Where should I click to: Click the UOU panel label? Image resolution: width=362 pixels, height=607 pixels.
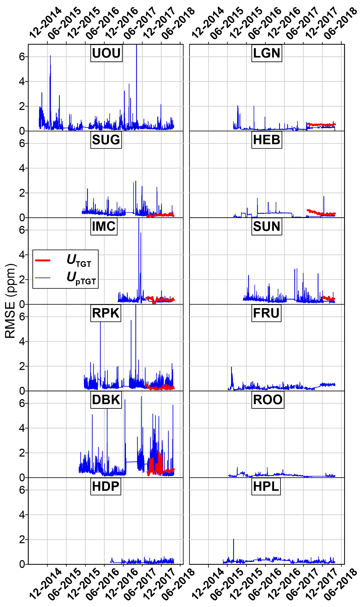pos(106,53)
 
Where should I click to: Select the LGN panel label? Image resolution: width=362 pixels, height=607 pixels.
pos(267,53)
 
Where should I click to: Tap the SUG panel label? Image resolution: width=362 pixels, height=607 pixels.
pos(106,140)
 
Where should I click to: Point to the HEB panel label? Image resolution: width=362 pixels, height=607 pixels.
pos(267,140)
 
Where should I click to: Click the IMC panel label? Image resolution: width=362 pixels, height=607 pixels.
pos(104,226)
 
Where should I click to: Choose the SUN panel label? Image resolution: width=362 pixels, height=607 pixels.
pos(267,226)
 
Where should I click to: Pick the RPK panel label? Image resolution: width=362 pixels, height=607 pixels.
pos(106,313)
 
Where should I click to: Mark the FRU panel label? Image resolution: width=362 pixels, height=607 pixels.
pos(266,313)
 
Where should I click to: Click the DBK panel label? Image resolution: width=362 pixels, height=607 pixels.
pos(106,400)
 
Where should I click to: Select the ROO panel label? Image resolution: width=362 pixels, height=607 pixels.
pos(268,400)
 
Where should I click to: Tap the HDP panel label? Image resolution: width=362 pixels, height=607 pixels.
pos(106,486)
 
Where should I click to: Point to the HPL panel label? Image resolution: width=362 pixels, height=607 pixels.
pos(266,486)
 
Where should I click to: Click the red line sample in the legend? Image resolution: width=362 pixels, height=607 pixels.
pos(43,260)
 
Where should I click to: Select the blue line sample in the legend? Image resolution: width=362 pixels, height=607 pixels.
pos(43,278)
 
